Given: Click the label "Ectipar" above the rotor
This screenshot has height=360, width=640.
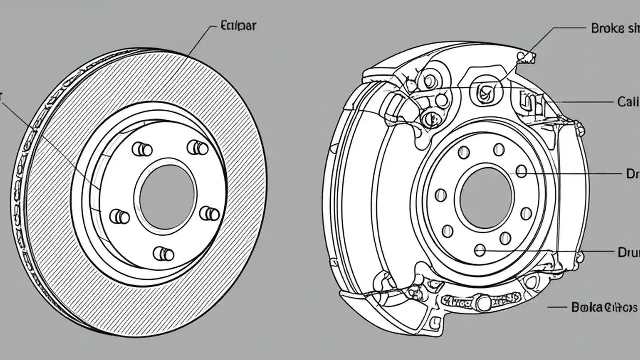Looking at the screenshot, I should point(238,26).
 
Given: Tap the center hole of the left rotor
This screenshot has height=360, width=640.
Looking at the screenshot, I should point(167,197).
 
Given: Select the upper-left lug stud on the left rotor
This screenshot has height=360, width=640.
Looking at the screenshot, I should point(142,149).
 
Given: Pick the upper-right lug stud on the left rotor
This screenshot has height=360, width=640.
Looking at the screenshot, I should point(198,148).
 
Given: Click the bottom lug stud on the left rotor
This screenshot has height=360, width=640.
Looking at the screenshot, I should point(163,254).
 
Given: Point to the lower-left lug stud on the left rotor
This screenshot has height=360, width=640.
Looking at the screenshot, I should point(120,217).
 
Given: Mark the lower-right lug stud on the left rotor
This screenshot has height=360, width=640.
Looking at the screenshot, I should point(210,214).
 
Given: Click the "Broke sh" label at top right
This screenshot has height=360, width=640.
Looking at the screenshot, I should point(614,28).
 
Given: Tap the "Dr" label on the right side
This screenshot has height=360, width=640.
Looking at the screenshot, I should point(632,174).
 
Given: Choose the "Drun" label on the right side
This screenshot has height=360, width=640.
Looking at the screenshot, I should point(628,252).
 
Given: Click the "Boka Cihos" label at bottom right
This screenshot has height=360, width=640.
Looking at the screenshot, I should point(604,307).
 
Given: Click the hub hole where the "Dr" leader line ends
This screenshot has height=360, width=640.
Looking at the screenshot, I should point(521,171).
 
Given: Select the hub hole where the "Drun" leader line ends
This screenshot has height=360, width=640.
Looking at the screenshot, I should point(480,250).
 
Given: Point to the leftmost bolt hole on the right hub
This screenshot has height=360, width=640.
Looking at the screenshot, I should point(441,195).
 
